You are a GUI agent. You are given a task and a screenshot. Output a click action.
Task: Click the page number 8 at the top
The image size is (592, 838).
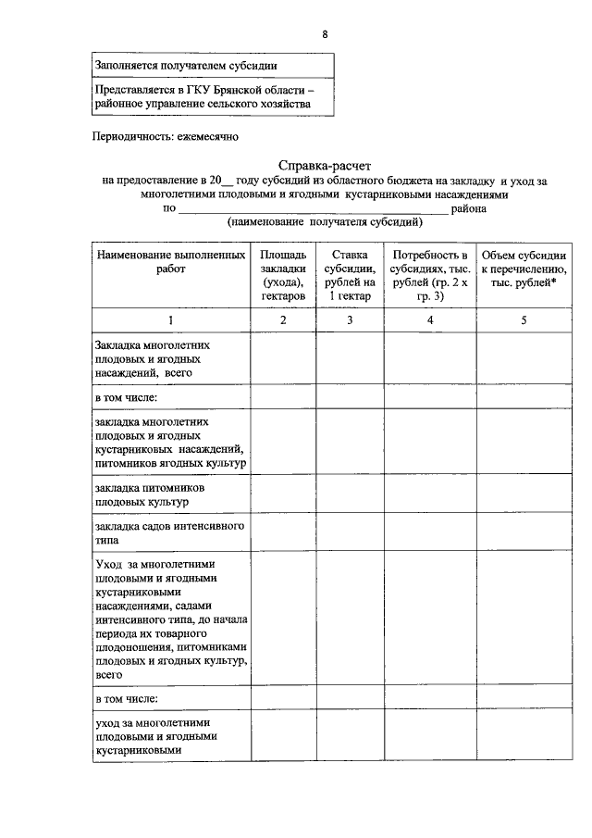(x=325, y=34)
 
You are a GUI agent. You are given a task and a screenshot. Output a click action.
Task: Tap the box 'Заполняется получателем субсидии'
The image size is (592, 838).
(x=186, y=65)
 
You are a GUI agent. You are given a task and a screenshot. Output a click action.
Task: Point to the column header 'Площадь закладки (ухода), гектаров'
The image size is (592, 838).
(x=283, y=275)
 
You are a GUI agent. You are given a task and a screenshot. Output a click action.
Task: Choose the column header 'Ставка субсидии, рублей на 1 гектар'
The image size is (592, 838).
(x=350, y=275)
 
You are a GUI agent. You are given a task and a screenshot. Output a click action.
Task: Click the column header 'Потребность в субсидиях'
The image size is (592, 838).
(x=430, y=275)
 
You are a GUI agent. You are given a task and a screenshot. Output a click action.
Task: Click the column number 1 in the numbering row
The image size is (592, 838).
(x=171, y=319)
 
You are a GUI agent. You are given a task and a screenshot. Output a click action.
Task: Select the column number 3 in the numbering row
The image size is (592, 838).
(x=350, y=319)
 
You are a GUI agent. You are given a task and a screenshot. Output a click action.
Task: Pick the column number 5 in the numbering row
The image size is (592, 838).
(x=524, y=319)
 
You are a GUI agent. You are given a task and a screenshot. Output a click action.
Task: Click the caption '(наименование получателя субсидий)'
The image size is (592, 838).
(x=325, y=222)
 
